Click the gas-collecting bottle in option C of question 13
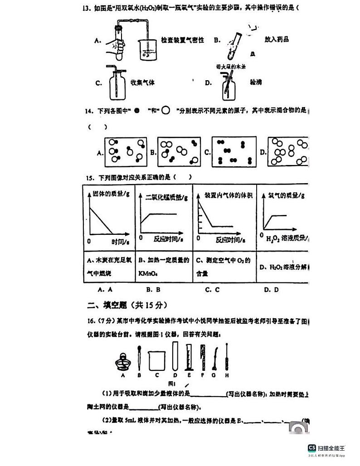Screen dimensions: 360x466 click(x=118, y=85)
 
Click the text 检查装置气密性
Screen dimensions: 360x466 click(x=182, y=40)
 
